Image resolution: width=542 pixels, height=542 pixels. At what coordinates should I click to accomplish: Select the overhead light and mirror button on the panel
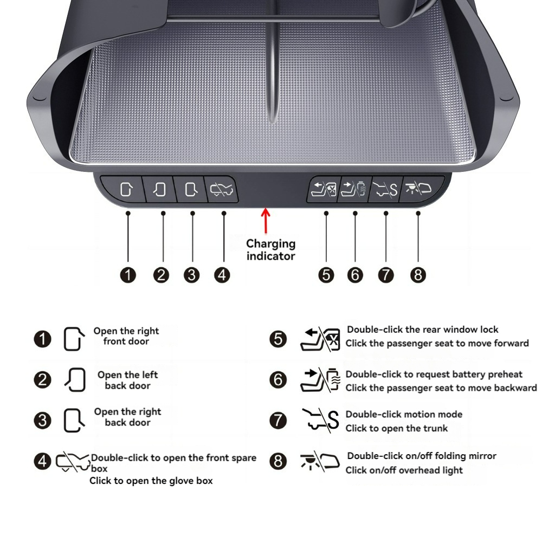pyautogui.click(x=420, y=189)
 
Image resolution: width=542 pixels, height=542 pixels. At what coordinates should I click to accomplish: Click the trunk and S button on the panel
pyautogui.click(x=385, y=189)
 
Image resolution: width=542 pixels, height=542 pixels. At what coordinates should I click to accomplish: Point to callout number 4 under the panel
pyautogui.click(x=222, y=275)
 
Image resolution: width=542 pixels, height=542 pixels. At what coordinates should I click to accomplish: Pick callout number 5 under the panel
pyautogui.click(x=326, y=275)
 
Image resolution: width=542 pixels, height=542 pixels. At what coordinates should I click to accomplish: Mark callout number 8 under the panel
pyautogui.click(x=418, y=275)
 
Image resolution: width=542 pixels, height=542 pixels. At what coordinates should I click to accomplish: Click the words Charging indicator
pyautogui.click(x=270, y=250)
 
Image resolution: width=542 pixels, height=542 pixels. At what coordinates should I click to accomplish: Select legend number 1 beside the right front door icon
pyautogui.click(x=42, y=339)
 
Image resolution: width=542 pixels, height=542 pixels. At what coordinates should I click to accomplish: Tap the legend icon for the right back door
pyautogui.click(x=74, y=421)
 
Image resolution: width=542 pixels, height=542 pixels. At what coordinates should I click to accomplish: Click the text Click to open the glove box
pyautogui.click(x=151, y=481)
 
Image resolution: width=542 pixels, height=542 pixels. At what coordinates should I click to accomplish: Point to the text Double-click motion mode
pyautogui.click(x=404, y=414)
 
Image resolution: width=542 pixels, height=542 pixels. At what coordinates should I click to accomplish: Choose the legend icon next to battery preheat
pyautogui.click(x=320, y=379)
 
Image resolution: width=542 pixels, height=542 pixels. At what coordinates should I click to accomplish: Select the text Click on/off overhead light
pyautogui.click(x=404, y=470)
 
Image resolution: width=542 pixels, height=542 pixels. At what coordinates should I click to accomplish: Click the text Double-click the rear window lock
pyautogui.click(x=422, y=330)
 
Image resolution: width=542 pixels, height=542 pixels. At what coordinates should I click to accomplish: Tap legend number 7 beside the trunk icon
pyautogui.click(x=278, y=421)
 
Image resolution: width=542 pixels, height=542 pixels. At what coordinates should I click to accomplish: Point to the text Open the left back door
pyautogui.click(x=127, y=380)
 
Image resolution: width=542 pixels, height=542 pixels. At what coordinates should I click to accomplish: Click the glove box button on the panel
pyautogui.click(x=222, y=189)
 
